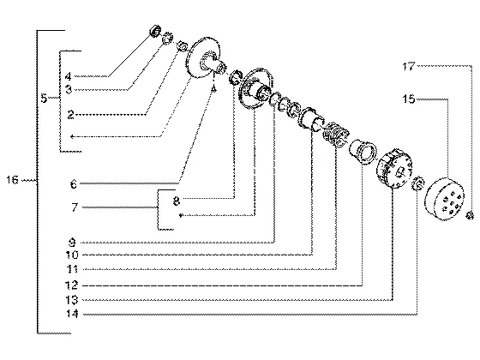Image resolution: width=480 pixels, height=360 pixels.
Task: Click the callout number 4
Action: pyautogui.click(x=68, y=76)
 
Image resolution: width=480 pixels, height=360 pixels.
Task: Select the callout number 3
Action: pyautogui.click(x=69, y=89)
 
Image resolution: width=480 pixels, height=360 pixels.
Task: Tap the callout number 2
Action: pyautogui.click(x=70, y=115)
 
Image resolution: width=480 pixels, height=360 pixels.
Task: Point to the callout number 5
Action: pyautogui.click(x=44, y=99)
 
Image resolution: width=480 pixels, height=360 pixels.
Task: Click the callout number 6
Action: pyautogui.click(x=74, y=184)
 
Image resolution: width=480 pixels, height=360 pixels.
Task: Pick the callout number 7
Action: pyautogui.click(x=75, y=207)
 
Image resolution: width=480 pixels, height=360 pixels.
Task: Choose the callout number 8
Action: pyautogui.click(x=176, y=201)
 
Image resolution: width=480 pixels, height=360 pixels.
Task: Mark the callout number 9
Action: pyautogui.click(x=72, y=243)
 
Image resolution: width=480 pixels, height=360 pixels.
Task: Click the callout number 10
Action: pyautogui.click(x=72, y=255)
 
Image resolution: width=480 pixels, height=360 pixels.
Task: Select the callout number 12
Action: pyautogui.click(x=72, y=285)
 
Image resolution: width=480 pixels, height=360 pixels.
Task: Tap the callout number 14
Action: pyautogui.click(x=72, y=314)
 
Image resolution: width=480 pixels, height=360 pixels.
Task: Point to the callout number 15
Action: pyautogui.click(x=408, y=99)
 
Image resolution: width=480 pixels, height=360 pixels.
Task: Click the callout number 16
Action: pyautogui.click(x=13, y=180)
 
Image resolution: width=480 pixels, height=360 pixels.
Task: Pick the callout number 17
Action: pyautogui.click(x=409, y=66)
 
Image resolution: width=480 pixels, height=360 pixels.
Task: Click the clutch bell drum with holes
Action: pyautogui.click(x=444, y=199)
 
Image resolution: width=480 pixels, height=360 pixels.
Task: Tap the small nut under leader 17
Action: pyautogui.click(x=470, y=215)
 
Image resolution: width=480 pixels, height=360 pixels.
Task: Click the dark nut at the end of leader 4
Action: pyautogui.click(x=155, y=31)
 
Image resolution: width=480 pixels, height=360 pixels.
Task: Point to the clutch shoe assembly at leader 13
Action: pyautogui.click(x=394, y=168)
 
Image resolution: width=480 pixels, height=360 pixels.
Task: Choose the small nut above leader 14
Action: pyautogui.click(x=418, y=183)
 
